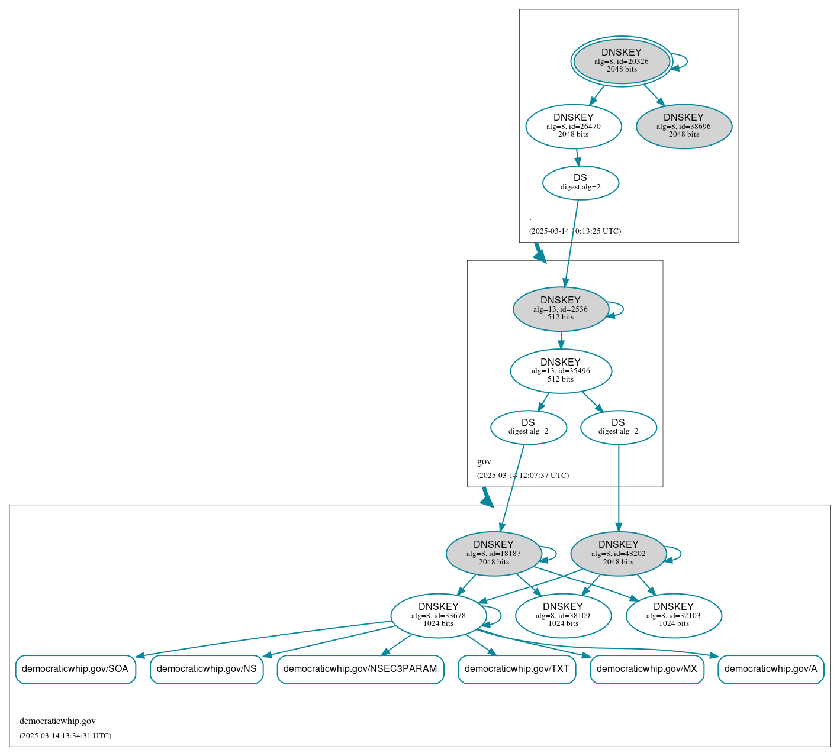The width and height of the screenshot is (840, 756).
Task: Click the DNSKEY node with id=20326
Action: [621, 61]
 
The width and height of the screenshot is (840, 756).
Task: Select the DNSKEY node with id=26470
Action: [573, 126]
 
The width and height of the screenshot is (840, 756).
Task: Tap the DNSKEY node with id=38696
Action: [684, 126]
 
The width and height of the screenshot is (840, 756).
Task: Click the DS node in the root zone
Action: [580, 183]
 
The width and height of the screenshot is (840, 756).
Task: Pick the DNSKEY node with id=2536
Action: [560, 309]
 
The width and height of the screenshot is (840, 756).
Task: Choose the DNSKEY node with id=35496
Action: [560, 371]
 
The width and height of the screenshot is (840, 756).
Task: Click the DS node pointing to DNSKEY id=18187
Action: [528, 427]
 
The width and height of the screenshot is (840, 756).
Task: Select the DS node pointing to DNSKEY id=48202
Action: [618, 427]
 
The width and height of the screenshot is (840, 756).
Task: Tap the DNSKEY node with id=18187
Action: [493, 554]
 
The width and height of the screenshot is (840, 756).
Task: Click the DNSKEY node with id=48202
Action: [618, 554]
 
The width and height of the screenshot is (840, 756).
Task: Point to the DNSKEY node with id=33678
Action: [438, 616]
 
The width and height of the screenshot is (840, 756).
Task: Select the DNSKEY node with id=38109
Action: [562, 616]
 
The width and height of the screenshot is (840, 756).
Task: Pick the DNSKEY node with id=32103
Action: [673, 616]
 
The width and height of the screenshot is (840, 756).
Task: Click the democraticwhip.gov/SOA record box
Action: [75, 669]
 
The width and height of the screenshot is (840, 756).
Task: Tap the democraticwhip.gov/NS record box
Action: [206, 669]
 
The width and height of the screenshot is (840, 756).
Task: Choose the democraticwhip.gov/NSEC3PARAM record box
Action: [360, 669]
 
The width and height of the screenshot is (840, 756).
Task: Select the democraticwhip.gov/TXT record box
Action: [516, 669]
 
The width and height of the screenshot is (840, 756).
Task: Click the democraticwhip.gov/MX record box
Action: [646, 669]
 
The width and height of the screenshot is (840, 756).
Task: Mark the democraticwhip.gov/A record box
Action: [770, 669]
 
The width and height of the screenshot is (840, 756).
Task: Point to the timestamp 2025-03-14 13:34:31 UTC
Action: [65, 736]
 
